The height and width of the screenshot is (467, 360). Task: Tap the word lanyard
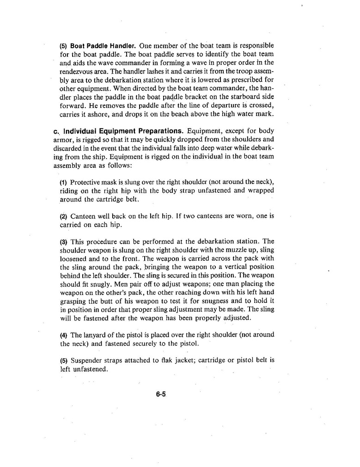94,335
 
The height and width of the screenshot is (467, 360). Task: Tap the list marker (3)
64,242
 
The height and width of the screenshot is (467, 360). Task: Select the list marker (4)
64,335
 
